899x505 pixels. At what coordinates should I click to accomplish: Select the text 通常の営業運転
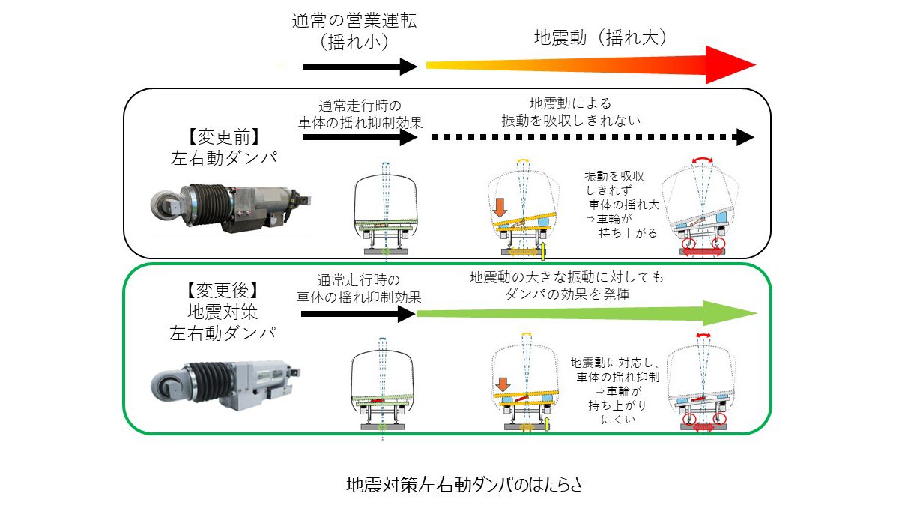click(x=354, y=20)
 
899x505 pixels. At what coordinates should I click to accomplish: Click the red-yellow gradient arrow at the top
click(x=592, y=66)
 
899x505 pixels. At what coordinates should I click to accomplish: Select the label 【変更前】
click(x=223, y=137)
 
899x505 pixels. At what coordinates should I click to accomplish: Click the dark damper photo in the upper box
click(x=229, y=205)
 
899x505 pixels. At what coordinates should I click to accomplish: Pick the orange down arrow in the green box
click(x=501, y=385)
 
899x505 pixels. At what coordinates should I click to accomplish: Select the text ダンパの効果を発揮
click(x=567, y=294)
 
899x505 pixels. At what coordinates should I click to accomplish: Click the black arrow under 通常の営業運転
click(x=360, y=67)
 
